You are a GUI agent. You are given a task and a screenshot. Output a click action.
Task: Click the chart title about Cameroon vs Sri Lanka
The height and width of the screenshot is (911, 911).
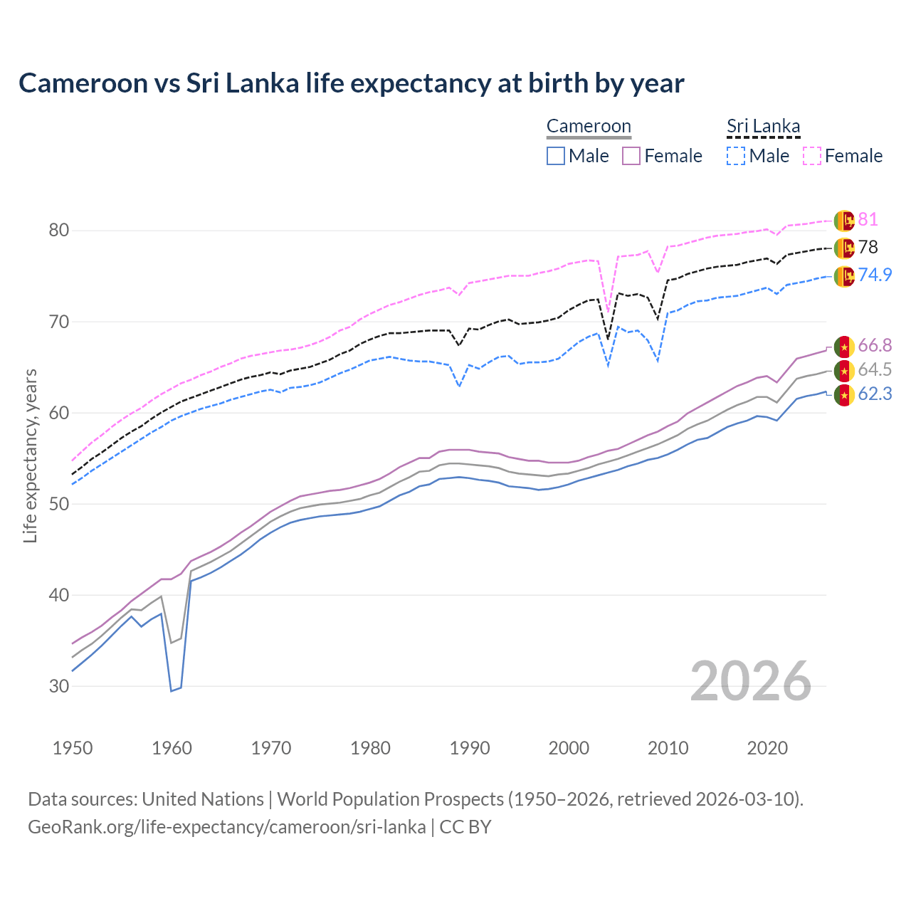point(351,83)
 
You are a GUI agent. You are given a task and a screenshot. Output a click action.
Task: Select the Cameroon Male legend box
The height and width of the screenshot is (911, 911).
point(556,156)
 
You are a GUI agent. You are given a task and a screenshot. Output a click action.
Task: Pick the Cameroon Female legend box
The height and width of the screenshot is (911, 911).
point(631,156)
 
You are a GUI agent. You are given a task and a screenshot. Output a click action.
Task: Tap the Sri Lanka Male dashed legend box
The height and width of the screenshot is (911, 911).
point(736,156)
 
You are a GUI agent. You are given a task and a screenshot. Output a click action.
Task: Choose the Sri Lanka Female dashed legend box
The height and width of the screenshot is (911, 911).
point(811,156)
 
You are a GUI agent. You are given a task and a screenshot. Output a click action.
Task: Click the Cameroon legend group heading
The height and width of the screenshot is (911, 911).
point(589,127)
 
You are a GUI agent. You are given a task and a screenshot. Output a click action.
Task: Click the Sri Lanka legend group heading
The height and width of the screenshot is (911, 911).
point(763,127)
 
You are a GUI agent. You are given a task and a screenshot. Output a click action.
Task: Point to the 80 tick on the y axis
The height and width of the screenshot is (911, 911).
point(59,231)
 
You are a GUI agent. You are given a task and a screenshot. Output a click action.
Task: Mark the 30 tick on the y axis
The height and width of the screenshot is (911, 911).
point(59,686)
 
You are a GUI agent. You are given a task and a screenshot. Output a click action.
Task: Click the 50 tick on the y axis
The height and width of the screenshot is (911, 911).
point(59,504)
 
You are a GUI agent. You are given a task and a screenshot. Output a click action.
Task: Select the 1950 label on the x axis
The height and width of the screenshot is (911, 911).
point(73,748)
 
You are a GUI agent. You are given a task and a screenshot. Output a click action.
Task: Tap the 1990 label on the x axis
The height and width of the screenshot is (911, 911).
point(470,748)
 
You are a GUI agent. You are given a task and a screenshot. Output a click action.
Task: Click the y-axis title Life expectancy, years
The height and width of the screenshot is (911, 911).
point(30,455)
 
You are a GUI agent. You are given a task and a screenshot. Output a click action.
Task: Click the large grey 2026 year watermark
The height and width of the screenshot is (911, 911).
point(750,681)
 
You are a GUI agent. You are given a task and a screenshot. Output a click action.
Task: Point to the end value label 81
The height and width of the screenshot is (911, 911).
point(868,220)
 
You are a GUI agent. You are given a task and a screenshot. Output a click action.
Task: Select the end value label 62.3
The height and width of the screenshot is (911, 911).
point(875,394)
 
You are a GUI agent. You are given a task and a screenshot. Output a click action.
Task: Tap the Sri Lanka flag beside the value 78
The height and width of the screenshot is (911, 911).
point(844,248)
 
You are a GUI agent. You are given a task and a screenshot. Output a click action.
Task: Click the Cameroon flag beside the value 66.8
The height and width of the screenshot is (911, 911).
point(844,347)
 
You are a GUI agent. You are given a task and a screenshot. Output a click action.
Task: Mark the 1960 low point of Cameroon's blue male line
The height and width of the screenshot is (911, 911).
point(172,690)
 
